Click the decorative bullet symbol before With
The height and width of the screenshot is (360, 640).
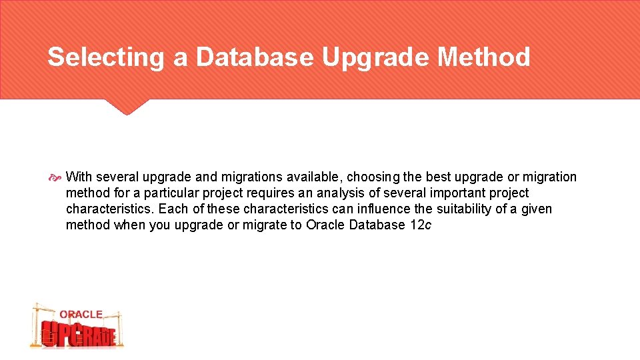pos(55,177)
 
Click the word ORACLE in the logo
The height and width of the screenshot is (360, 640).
pos(81,314)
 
